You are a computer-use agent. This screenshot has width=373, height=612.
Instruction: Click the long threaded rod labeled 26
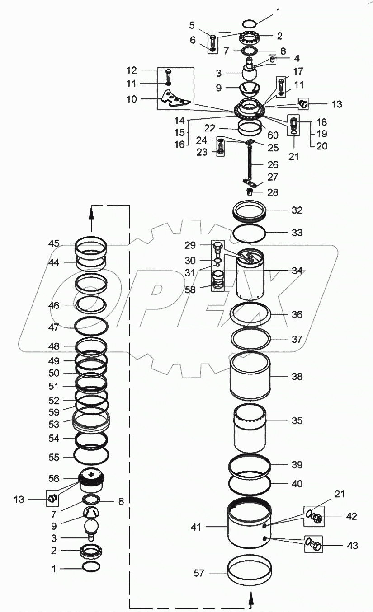coord(249,165)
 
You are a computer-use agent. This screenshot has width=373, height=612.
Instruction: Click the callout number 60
coord(273,135)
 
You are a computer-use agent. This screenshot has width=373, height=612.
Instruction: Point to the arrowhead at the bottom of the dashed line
coord(250,598)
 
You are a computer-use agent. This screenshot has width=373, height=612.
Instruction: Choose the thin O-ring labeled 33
coord(249,234)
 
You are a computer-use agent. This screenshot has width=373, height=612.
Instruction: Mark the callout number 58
coord(190,290)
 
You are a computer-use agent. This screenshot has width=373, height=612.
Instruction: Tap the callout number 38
coord(297,377)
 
